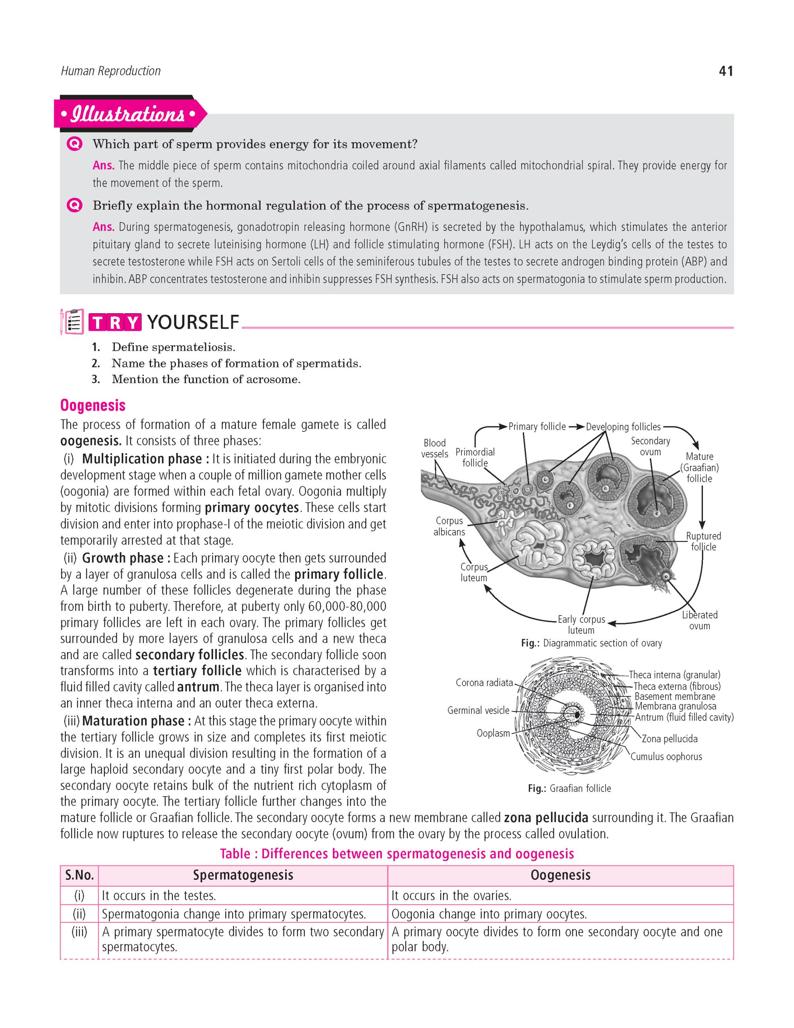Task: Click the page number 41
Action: (x=725, y=71)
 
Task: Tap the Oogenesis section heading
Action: (x=93, y=405)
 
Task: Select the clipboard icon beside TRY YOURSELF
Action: (x=72, y=322)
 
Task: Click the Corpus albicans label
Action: (x=449, y=526)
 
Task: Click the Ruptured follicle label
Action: (x=703, y=541)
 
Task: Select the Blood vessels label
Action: (x=435, y=448)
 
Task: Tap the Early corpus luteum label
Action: (x=581, y=624)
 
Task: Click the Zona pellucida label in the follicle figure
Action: (x=670, y=739)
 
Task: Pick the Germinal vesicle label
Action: (x=478, y=711)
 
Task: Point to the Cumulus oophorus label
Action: (x=666, y=757)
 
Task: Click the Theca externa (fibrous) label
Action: (x=677, y=687)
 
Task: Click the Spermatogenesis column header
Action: (x=243, y=875)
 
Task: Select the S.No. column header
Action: (x=80, y=875)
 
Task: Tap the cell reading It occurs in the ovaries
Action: (x=451, y=895)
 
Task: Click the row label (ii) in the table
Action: (x=79, y=914)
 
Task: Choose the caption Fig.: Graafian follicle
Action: (x=569, y=788)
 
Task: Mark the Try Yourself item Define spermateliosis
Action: (x=173, y=347)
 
